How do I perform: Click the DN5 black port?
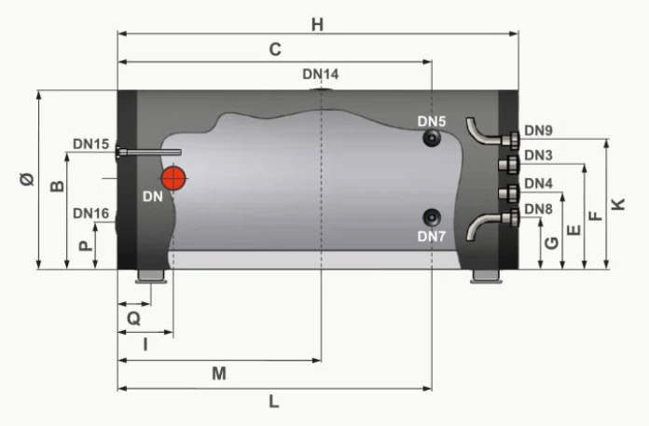pos(433,139)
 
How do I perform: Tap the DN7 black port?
pos(433,217)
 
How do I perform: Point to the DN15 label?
pos(91,144)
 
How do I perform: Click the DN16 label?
pos(91,213)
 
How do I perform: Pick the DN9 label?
pos(539,131)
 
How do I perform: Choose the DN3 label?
pos(539,155)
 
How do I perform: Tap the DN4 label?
pos(539,183)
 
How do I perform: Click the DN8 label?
pos(539,209)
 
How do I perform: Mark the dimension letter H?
pos(318,25)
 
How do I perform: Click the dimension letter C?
pos(275,51)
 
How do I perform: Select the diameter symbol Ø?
pos(27,180)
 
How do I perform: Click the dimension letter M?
pos(219,374)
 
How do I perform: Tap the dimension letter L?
pos(273,402)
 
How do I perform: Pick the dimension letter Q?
pos(133,317)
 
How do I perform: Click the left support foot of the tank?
pos(150,276)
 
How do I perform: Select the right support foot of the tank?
pos(486,276)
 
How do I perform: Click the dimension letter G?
pos(551,243)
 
